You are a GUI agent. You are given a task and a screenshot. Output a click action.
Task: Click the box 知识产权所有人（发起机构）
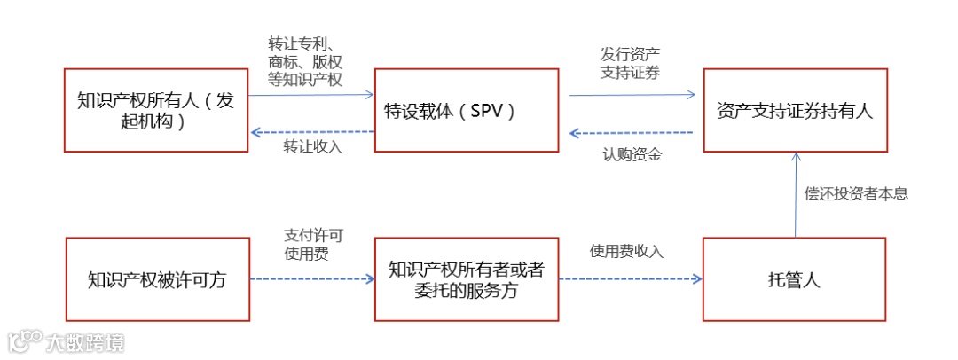[x=155, y=110]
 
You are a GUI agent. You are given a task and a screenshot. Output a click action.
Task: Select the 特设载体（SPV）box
[x=467, y=110]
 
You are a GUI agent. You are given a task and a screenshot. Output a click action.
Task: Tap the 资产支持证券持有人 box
[x=795, y=110]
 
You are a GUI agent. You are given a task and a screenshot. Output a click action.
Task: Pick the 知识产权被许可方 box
[x=157, y=279]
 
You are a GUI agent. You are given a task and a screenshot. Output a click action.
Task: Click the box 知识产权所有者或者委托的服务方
[x=467, y=279]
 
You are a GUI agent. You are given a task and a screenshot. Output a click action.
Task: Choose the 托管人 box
[x=795, y=279]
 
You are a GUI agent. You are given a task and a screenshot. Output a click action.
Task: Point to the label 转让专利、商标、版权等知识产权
[x=305, y=60]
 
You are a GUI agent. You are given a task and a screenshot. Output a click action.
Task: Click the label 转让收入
[x=312, y=147]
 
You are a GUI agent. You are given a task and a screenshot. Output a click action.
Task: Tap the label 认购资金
[x=632, y=156]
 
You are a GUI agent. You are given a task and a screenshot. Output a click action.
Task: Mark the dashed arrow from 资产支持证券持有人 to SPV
[x=632, y=133]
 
